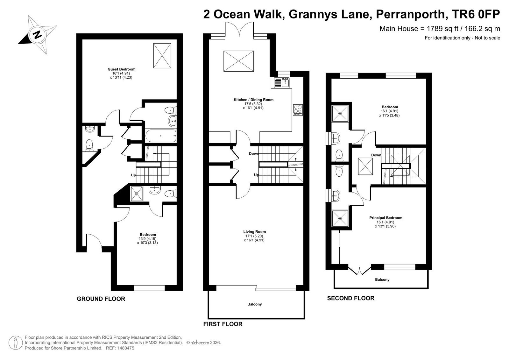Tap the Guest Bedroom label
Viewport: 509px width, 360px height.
tap(121, 69)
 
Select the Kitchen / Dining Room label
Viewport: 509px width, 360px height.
tap(254, 100)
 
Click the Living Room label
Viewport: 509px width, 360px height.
tap(255, 232)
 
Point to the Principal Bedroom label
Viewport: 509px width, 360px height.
tap(385, 218)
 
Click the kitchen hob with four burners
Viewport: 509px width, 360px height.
tap(298, 110)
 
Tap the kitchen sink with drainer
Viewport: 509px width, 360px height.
tap(281, 83)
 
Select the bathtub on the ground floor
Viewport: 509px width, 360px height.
tap(161, 136)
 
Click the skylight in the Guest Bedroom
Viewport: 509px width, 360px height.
tap(162, 56)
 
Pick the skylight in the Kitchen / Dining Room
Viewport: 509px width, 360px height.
tap(239, 61)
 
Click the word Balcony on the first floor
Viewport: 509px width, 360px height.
tap(255, 304)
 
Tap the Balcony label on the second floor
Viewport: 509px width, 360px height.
tap(382, 279)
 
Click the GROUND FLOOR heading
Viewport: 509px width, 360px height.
tap(101, 299)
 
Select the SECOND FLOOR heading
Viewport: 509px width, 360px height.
tap(350, 298)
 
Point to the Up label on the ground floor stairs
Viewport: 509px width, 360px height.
tap(133, 175)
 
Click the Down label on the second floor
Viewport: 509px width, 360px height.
tap(376, 155)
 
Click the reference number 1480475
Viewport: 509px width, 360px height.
tap(126, 348)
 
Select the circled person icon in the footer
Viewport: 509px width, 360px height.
tap(16, 342)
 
